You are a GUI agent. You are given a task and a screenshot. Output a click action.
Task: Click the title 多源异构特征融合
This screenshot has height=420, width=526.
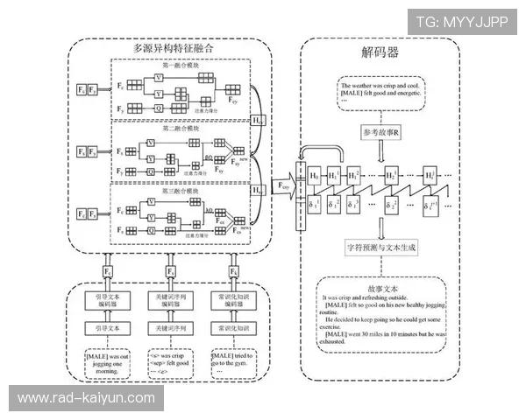pos(173,50)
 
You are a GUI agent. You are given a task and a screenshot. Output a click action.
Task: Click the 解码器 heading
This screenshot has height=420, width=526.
pos(380,52)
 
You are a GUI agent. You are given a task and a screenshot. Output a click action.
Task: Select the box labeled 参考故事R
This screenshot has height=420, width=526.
pos(380,132)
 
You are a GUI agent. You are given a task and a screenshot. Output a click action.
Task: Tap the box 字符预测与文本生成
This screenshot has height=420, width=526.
pos(380,248)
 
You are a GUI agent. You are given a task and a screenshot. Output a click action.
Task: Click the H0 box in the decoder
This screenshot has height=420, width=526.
pos(315,176)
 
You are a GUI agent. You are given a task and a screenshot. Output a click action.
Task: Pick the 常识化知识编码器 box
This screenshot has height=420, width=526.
pos(234,299)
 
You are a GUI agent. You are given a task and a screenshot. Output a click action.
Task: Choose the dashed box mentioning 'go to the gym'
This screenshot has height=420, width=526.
pos(234,362)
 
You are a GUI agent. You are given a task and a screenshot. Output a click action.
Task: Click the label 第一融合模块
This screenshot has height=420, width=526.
pos(180,66)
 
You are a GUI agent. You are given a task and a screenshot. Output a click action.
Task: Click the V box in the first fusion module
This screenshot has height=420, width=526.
pos(159,78)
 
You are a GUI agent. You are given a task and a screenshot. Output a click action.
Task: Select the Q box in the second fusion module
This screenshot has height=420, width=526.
pos(159,170)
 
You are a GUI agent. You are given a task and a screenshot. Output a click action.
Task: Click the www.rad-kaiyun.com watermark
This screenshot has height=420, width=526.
pos(85,398)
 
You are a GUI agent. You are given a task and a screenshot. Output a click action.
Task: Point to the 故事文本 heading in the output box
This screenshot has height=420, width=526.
pos(383,287)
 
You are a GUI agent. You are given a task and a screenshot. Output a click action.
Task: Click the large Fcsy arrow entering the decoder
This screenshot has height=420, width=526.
pos(282,186)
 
